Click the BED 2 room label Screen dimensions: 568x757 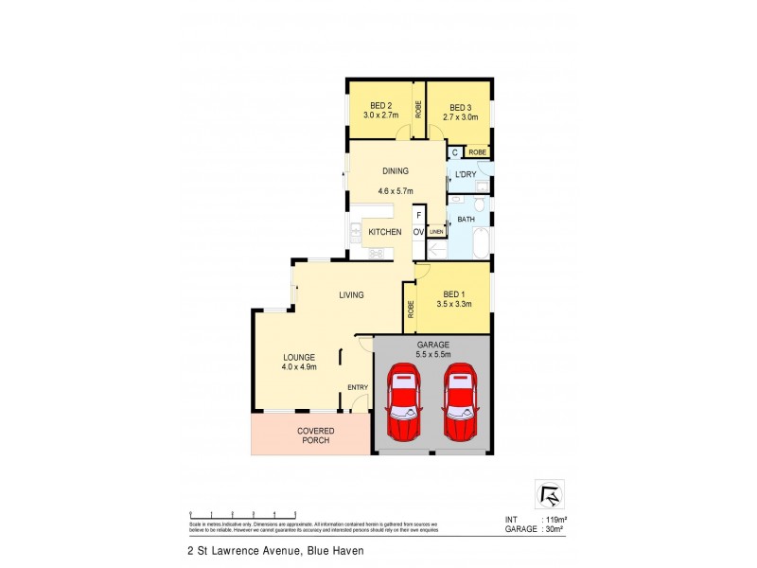378,107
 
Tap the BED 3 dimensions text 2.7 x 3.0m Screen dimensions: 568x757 458,118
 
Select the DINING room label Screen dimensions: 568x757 395,171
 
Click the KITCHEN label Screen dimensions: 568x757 385,232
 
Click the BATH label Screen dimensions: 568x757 466,220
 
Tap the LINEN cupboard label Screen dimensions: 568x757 436,232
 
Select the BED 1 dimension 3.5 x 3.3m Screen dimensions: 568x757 454,305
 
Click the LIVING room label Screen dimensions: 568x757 352,295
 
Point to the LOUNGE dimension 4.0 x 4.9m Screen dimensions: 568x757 298,366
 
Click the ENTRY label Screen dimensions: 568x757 357,386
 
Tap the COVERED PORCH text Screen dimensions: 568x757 310,435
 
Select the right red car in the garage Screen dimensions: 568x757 460,402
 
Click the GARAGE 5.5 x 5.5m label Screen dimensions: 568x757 431,349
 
